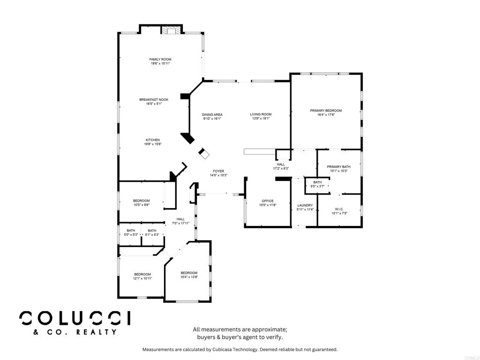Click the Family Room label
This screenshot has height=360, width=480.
160,60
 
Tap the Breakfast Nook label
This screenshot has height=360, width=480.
154,100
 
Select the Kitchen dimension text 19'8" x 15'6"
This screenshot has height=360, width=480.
153,144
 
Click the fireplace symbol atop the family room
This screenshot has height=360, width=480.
171,30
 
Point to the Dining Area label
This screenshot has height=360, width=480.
212,114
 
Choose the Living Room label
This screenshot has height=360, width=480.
261,114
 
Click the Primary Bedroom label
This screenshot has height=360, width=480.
326,111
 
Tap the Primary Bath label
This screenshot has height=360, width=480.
338,167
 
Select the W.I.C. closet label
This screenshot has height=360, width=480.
339,209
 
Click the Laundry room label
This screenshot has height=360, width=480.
305,205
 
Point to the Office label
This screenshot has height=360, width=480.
268,201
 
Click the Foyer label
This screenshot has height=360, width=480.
218,171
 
